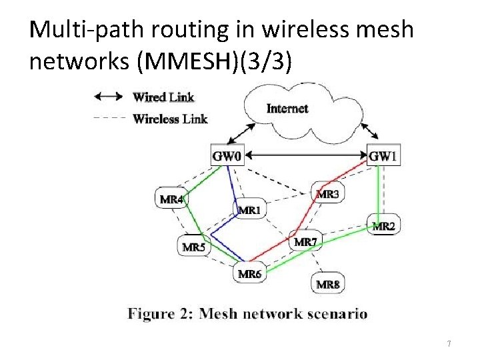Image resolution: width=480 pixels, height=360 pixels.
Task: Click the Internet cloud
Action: click(287, 107)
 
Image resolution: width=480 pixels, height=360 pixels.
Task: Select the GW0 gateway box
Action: click(227, 157)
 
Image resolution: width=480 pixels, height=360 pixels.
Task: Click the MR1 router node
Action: click(249, 210)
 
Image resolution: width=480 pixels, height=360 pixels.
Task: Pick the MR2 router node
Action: click(383, 226)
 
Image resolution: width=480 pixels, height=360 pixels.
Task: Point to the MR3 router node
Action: click(327, 194)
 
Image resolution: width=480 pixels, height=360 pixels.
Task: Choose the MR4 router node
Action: click(171, 199)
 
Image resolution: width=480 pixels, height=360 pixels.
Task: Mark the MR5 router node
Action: click(194, 247)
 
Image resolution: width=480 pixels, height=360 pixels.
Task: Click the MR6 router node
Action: click(250, 274)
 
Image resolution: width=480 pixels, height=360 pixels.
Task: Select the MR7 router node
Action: click(305, 241)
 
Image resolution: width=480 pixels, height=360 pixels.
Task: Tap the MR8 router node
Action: click(328, 285)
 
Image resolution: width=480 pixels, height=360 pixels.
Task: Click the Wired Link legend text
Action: click(163, 97)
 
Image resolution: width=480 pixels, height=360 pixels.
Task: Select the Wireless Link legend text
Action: click(170, 119)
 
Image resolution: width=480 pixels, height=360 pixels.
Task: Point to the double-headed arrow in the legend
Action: click(109, 97)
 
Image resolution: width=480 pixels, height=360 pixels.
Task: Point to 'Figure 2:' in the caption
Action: click(159, 313)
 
